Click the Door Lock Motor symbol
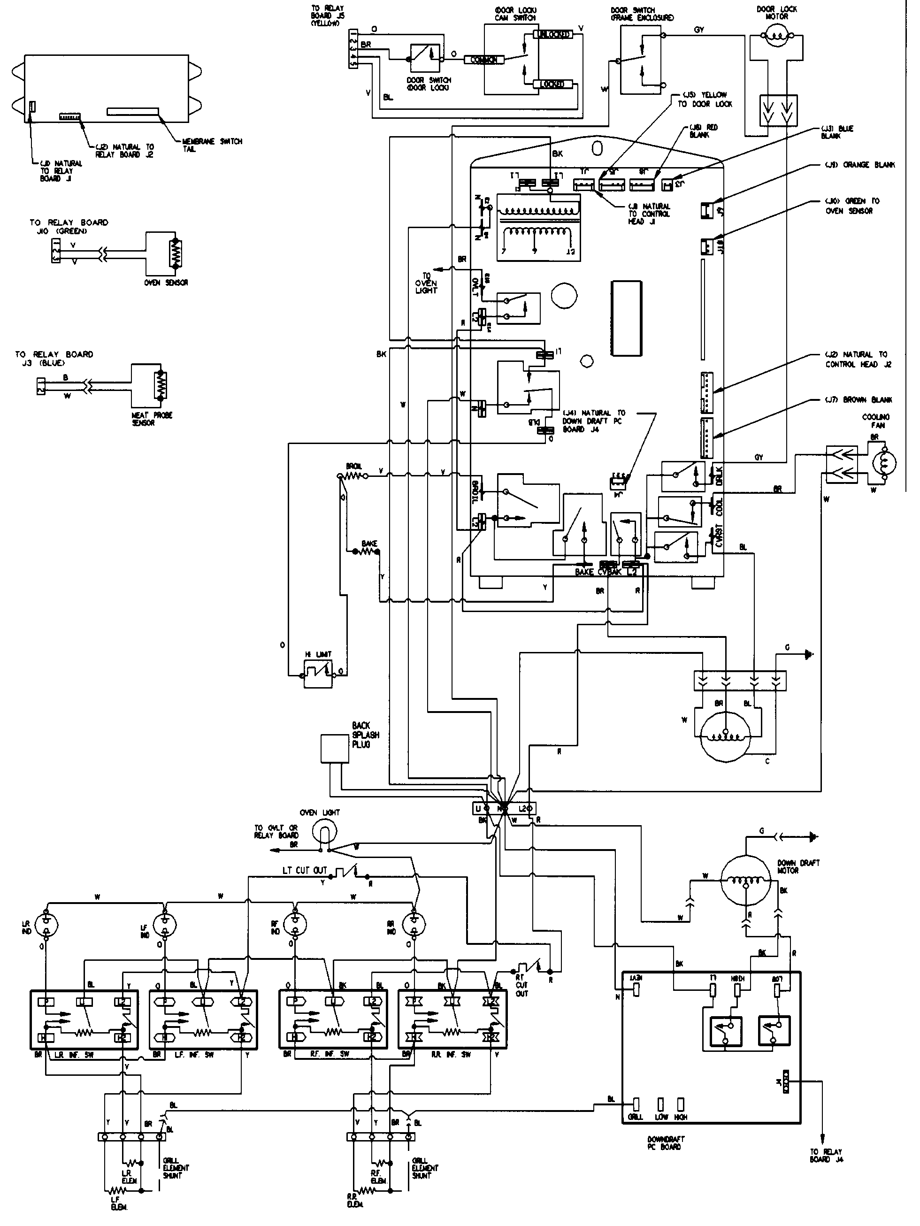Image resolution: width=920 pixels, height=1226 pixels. click(775, 39)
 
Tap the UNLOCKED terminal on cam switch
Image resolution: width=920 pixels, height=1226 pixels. click(552, 35)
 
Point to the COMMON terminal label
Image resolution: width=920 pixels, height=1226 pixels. click(483, 60)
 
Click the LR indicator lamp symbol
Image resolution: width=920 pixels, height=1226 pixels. click(46, 924)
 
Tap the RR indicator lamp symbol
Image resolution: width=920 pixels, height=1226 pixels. click(414, 924)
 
